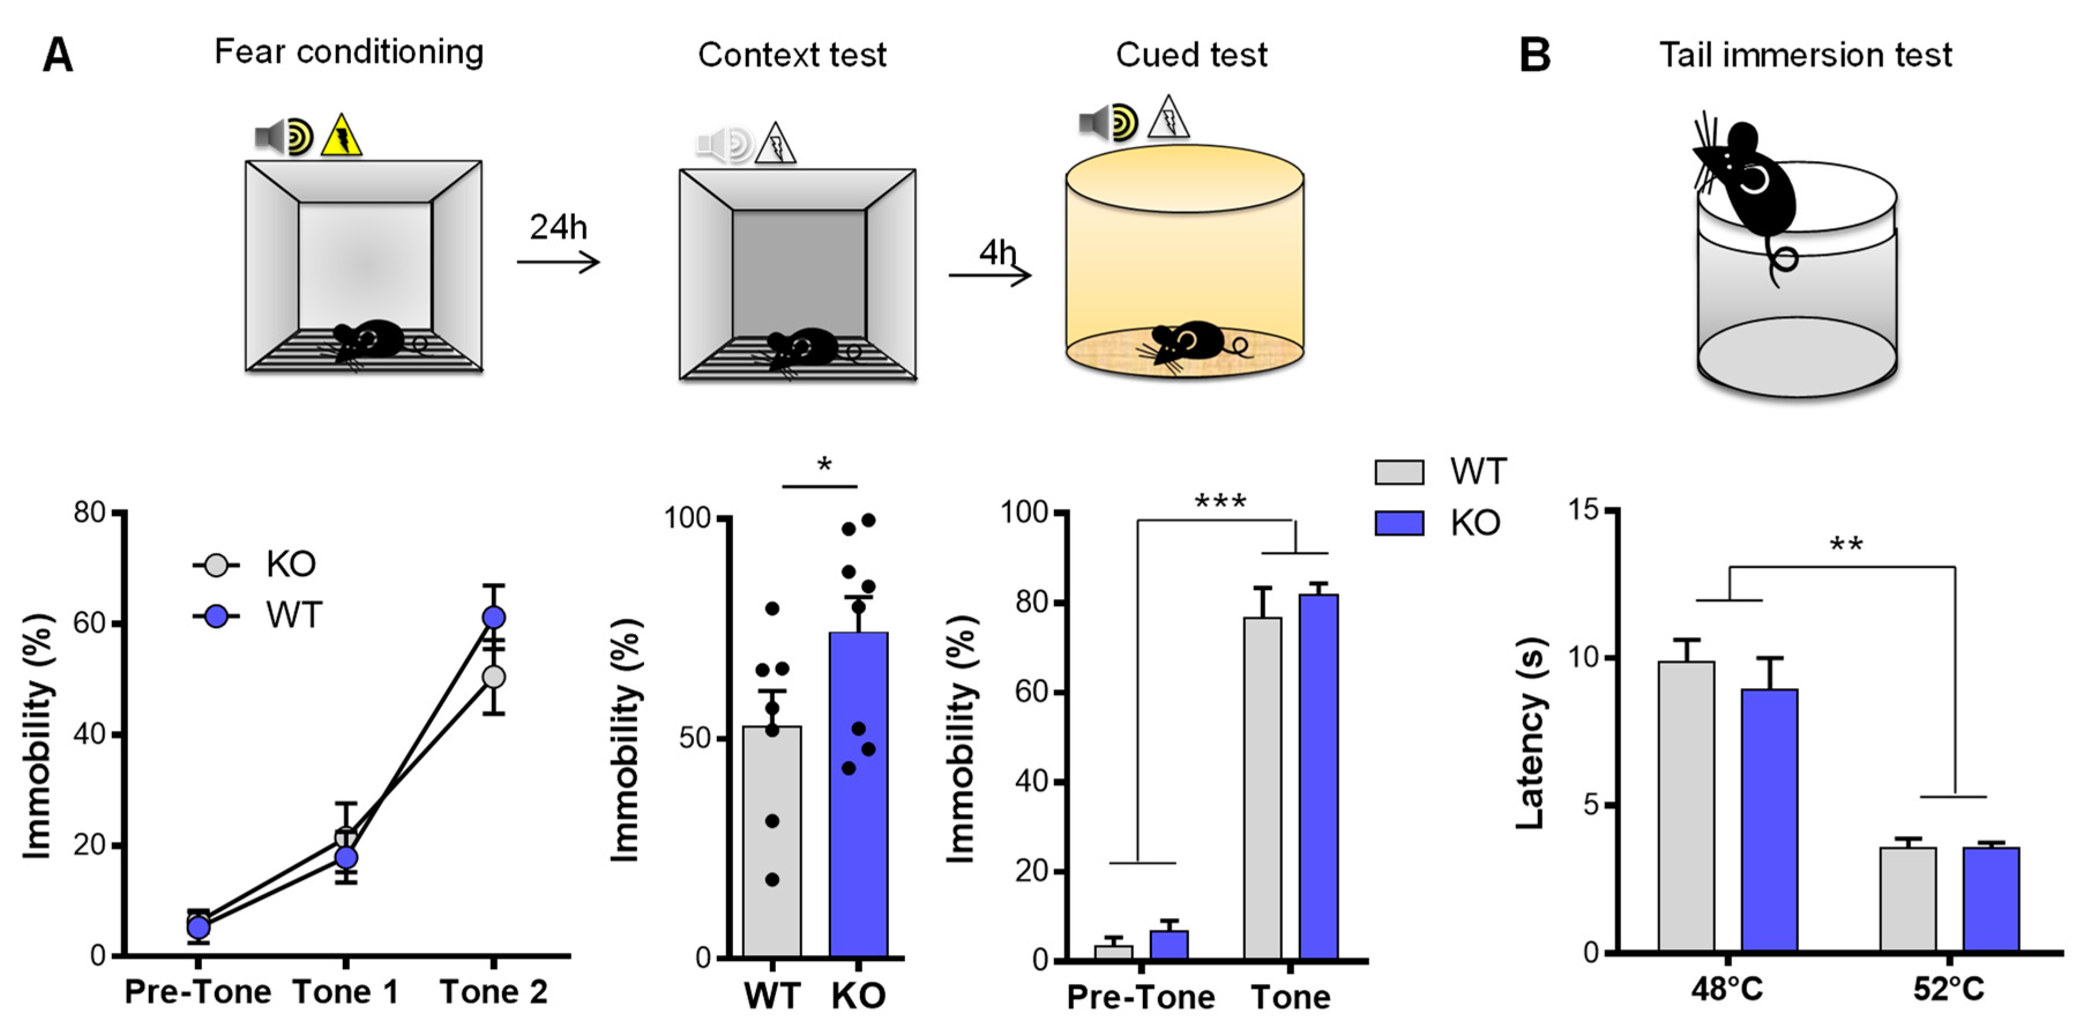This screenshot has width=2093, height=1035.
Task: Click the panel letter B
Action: pos(1534,56)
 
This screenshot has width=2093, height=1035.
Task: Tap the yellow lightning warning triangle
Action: pos(341,136)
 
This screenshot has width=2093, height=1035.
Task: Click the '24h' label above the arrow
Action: pos(558,227)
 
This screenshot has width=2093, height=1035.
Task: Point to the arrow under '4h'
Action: pos(989,275)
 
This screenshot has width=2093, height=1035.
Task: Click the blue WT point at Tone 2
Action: pos(493,618)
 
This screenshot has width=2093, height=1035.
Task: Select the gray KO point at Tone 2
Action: pos(493,677)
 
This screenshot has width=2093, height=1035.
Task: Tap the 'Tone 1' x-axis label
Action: pos(345,992)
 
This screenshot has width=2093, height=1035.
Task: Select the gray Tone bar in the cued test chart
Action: pos(1262,788)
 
